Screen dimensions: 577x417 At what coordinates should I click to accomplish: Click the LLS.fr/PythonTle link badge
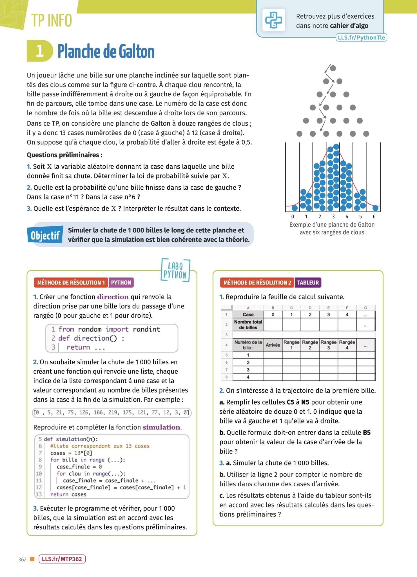(x=362, y=37)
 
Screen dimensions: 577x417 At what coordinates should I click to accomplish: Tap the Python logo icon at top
(x=273, y=20)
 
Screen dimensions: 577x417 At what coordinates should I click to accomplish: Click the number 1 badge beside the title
(x=40, y=51)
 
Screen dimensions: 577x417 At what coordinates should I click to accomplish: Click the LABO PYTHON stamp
(x=175, y=270)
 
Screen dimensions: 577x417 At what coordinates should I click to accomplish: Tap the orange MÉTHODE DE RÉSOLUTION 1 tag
(x=71, y=283)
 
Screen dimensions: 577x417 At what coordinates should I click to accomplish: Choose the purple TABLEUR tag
(x=308, y=283)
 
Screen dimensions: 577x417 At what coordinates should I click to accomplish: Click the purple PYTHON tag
(x=121, y=283)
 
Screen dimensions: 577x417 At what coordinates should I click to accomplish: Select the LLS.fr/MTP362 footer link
(x=62, y=559)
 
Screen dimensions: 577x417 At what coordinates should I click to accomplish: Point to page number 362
(x=22, y=560)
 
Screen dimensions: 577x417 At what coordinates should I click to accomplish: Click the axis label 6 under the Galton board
(x=374, y=217)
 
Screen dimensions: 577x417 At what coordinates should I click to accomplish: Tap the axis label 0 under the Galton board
(x=293, y=217)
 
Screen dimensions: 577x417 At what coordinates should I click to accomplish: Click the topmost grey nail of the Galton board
(x=333, y=68)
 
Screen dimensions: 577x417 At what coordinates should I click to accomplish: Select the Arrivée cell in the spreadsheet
(x=273, y=345)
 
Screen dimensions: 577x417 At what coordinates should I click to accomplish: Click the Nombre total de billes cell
(x=248, y=325)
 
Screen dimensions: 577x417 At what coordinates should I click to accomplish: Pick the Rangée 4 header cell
(x=347, y=345)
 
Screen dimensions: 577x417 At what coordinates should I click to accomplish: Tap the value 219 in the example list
(x=113, y=412)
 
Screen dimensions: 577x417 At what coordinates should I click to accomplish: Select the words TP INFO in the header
(x=52, y=20)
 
